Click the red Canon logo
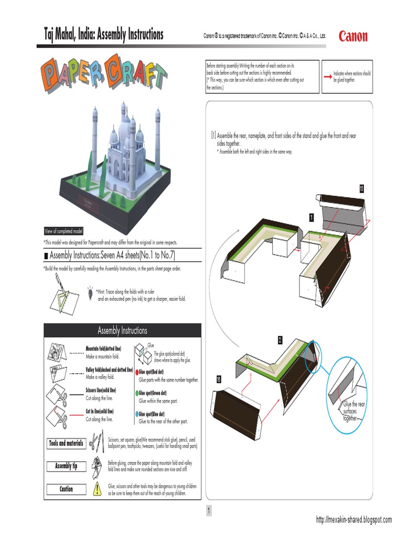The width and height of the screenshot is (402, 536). tap(353, 37)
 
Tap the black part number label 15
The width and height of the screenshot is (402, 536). tap(361, 188)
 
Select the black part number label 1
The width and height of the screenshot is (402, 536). tap(311, 217)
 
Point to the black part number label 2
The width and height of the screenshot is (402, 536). tap(280, 340)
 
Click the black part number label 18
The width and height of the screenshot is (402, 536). tap(219, 378)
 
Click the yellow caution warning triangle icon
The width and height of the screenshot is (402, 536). tap(97, 489)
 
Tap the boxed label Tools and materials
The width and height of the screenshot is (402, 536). tap(66, 443)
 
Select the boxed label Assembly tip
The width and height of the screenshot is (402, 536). tap(66, 466)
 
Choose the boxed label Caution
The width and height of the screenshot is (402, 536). tap(66, 489)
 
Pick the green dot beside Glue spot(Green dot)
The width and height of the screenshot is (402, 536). tap(137, 392)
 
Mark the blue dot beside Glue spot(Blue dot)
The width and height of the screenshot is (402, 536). tap(137, 414)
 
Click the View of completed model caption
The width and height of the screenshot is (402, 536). tap(63, 231)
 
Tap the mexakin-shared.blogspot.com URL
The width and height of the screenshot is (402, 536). tap(354, 520)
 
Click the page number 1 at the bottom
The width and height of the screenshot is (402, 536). tap(208, 511)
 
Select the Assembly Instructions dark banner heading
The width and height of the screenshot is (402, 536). tap(122, 330)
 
